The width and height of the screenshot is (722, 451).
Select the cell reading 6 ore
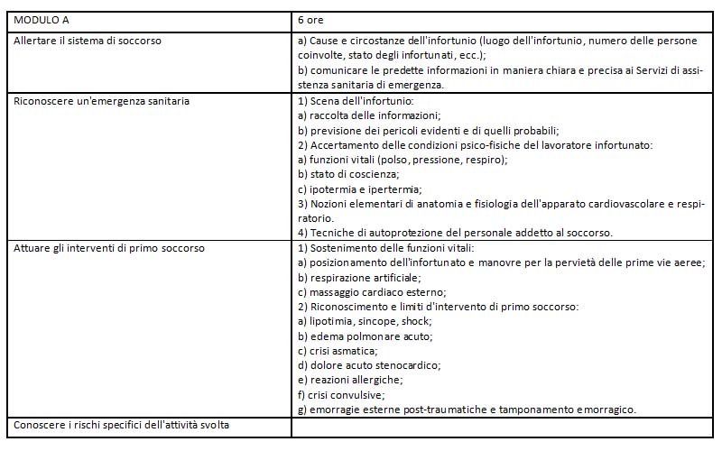tap(311, 19)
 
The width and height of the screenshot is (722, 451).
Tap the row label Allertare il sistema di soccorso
tap(88, 41)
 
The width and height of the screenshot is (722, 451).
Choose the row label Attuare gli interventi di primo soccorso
tap(108, 247)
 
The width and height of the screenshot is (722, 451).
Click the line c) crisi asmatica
tap(338, 350)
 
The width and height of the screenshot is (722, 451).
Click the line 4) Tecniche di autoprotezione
tap(455, 233)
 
